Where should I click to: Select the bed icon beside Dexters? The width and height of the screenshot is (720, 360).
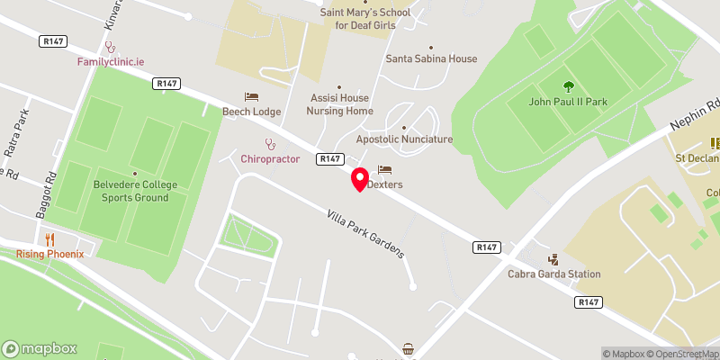[x=385, y=169]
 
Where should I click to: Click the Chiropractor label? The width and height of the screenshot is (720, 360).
[x=269, y=159]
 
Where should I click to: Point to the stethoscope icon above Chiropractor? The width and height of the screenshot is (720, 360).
[x=269, y=144]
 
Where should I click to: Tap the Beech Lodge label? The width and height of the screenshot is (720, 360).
[x=252, y=112]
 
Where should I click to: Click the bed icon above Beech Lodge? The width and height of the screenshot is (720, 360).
[x=252, y=96]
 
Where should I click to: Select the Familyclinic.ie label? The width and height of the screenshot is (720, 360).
[x=110, y=62]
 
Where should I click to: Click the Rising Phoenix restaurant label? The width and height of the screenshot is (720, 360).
[x=49, y=254]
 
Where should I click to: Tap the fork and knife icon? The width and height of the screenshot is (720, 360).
[x=49, y=238]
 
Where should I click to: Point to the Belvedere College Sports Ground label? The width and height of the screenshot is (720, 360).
[x=134, y=193]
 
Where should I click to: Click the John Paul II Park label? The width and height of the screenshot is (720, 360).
[x=569, y=102]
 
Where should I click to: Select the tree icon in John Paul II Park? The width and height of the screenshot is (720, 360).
[x=569, y=86]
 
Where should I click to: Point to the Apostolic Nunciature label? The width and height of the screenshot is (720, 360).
[x=404, y=139]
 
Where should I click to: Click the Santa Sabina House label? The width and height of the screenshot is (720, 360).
[x=431, y=59]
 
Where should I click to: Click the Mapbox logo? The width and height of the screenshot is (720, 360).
[x=40, y=349]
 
